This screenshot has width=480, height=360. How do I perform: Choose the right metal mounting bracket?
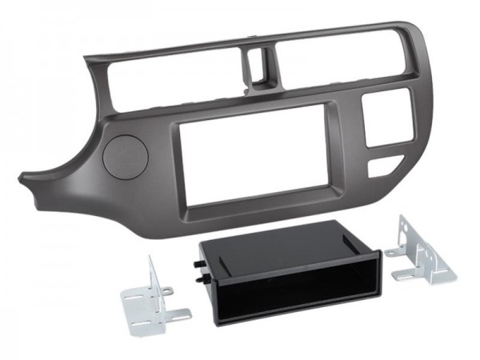pos(420,253)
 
